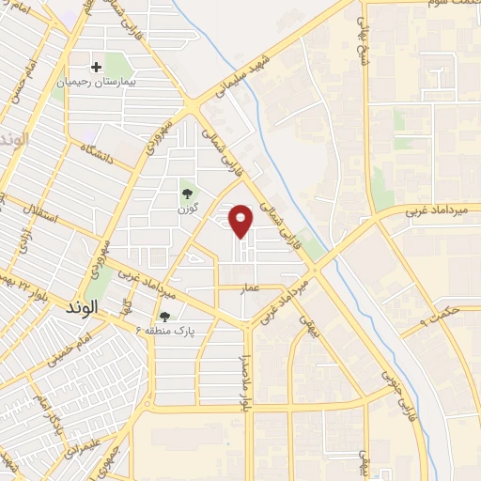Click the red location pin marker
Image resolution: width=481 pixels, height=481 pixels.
click(x=242, y=221)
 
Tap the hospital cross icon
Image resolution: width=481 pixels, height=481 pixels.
click(x=97, y=67)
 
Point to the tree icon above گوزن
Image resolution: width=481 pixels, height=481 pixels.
click(x=185, y=194)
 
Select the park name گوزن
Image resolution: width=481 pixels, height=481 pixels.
click(x=185, y=209)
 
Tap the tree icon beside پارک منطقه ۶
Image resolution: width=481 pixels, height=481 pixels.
click(x=165, y=318)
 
